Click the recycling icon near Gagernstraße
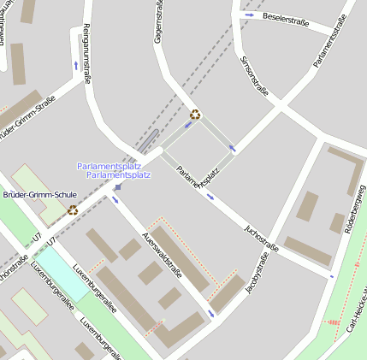coord(195,115)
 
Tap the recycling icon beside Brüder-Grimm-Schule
coord(73,210)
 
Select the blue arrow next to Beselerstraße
coord(249,15)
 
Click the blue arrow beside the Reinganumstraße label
coord(76,66)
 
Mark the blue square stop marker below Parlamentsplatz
coord(118,186)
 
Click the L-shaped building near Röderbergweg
coord(346,168)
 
